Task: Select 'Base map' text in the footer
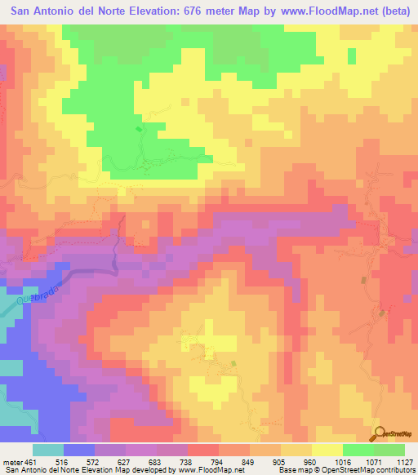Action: click(x=290, y=469)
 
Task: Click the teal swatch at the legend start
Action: click(x=48, y=450)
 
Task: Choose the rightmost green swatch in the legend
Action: click(x=389, y=450)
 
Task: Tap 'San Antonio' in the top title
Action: click(x=44, y=10)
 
